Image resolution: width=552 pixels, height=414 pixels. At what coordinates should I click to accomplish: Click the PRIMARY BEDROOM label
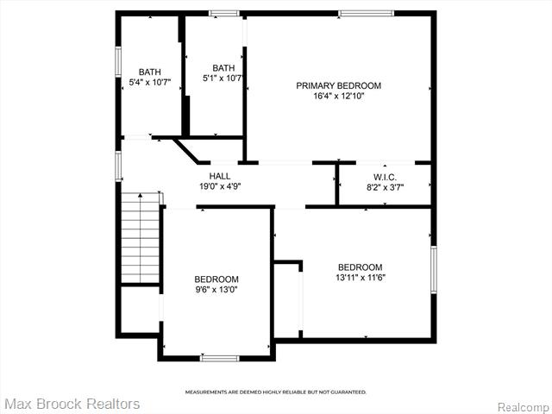tap(338, 85)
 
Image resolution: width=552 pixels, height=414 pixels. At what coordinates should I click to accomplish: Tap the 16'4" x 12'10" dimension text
tap(338, 96)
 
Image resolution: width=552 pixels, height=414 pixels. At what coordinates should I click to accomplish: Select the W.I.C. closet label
tap(385, 177)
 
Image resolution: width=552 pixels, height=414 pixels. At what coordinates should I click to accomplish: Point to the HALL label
tap(220, 176)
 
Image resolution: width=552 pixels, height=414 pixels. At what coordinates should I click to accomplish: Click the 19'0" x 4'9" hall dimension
tap(220, 186)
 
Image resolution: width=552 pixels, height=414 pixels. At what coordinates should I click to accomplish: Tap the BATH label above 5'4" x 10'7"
tap(150, 72)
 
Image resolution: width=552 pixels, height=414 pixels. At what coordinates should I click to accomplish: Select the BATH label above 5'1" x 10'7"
tap(223, 67)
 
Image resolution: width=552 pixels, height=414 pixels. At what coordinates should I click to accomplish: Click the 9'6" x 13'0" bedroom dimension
tap(216, 290)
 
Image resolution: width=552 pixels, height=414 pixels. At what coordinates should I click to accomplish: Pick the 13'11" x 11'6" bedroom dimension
tap(361, 278)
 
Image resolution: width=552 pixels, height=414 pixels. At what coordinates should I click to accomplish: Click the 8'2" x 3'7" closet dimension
tap(385, 187)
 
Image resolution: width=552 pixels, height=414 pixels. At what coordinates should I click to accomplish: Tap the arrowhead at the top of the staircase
tap(140, 195)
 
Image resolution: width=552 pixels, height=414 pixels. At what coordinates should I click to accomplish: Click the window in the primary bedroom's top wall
tap(366, 14)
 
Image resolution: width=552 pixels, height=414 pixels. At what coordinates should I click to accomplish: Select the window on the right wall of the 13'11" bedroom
tap(434, 269)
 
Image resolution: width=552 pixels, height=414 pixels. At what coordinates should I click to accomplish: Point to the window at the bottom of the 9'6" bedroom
tap(220, 359)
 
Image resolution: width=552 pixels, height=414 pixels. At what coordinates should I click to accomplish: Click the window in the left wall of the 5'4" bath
tap(118, 61)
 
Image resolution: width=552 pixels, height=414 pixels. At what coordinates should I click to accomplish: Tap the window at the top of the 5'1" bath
tap(224, 14)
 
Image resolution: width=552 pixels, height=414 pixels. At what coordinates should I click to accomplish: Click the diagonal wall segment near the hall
tap(186, 151)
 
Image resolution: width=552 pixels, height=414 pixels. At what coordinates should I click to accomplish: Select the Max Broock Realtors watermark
tap(72, 404)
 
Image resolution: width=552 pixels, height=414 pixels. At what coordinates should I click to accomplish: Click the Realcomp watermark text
tap(523, 407)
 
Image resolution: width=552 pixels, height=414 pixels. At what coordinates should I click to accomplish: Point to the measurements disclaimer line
tap(276, 392)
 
